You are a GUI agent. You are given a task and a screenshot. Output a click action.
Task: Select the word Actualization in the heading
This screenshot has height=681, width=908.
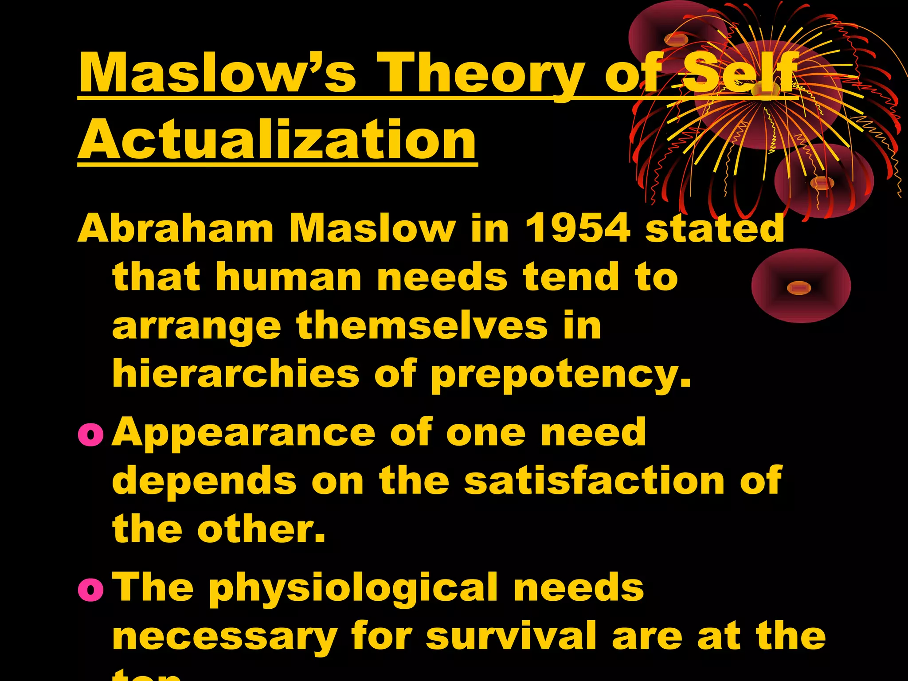click(278, 140)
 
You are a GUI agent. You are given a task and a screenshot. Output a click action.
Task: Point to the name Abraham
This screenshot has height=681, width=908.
click(176, 229)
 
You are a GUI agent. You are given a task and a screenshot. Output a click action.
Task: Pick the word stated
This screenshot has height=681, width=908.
click(715, 229)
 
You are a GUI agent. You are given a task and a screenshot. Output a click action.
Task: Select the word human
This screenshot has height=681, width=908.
click(289, 277)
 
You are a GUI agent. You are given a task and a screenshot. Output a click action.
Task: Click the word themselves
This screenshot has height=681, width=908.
click(422, 325)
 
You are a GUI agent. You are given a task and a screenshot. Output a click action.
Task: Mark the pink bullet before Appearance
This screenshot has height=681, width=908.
click(91, 434)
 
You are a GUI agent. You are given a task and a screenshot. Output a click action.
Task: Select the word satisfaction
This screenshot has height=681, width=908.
click(594, 481)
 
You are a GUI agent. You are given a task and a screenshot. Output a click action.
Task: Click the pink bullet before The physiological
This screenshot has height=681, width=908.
click(91, 589)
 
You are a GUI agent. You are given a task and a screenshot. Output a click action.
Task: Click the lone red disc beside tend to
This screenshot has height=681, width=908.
click(801, 286)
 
